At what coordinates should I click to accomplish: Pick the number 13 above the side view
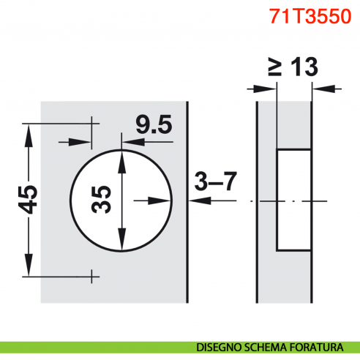[x=302, y=67]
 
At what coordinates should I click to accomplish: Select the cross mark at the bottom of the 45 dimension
[x=92, y=276]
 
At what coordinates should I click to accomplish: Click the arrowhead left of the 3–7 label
[x=182, y=200]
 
